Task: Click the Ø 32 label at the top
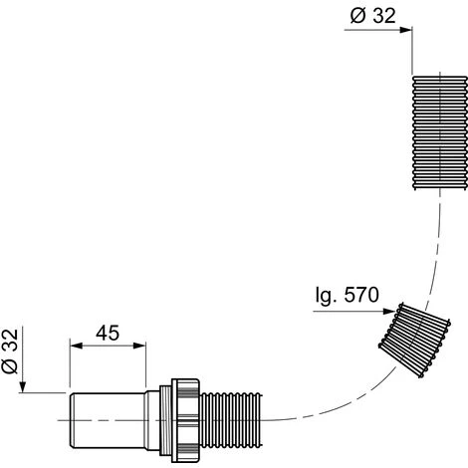point(373,16)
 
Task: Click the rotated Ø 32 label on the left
point(10,351)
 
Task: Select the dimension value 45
point(108,333)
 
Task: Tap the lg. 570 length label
point(348,295)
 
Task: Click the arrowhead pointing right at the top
point(405,30)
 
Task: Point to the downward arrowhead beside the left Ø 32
point(22,386)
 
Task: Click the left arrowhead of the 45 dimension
point(76,346)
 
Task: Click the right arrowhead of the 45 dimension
point(139,346)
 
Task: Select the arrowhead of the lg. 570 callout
point(388,312)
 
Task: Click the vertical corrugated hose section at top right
point(440,132)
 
